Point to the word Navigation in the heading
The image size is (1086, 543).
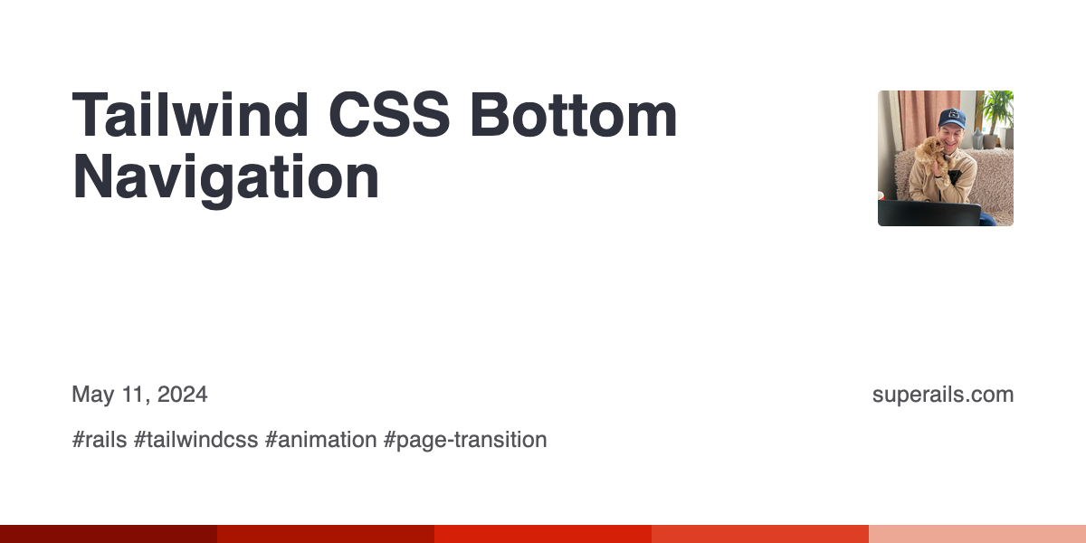(225, 178)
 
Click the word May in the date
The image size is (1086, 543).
(92, 395)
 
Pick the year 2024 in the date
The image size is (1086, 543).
(182, 395)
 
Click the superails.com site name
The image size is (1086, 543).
(942, 395)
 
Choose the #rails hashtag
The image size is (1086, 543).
(100, 441)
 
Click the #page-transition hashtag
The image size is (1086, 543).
(465, 441)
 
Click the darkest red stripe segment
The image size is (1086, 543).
(109, 534)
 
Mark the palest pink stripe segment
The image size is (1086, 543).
(977, 534)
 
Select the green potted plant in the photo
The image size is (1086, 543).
(996, 109)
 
